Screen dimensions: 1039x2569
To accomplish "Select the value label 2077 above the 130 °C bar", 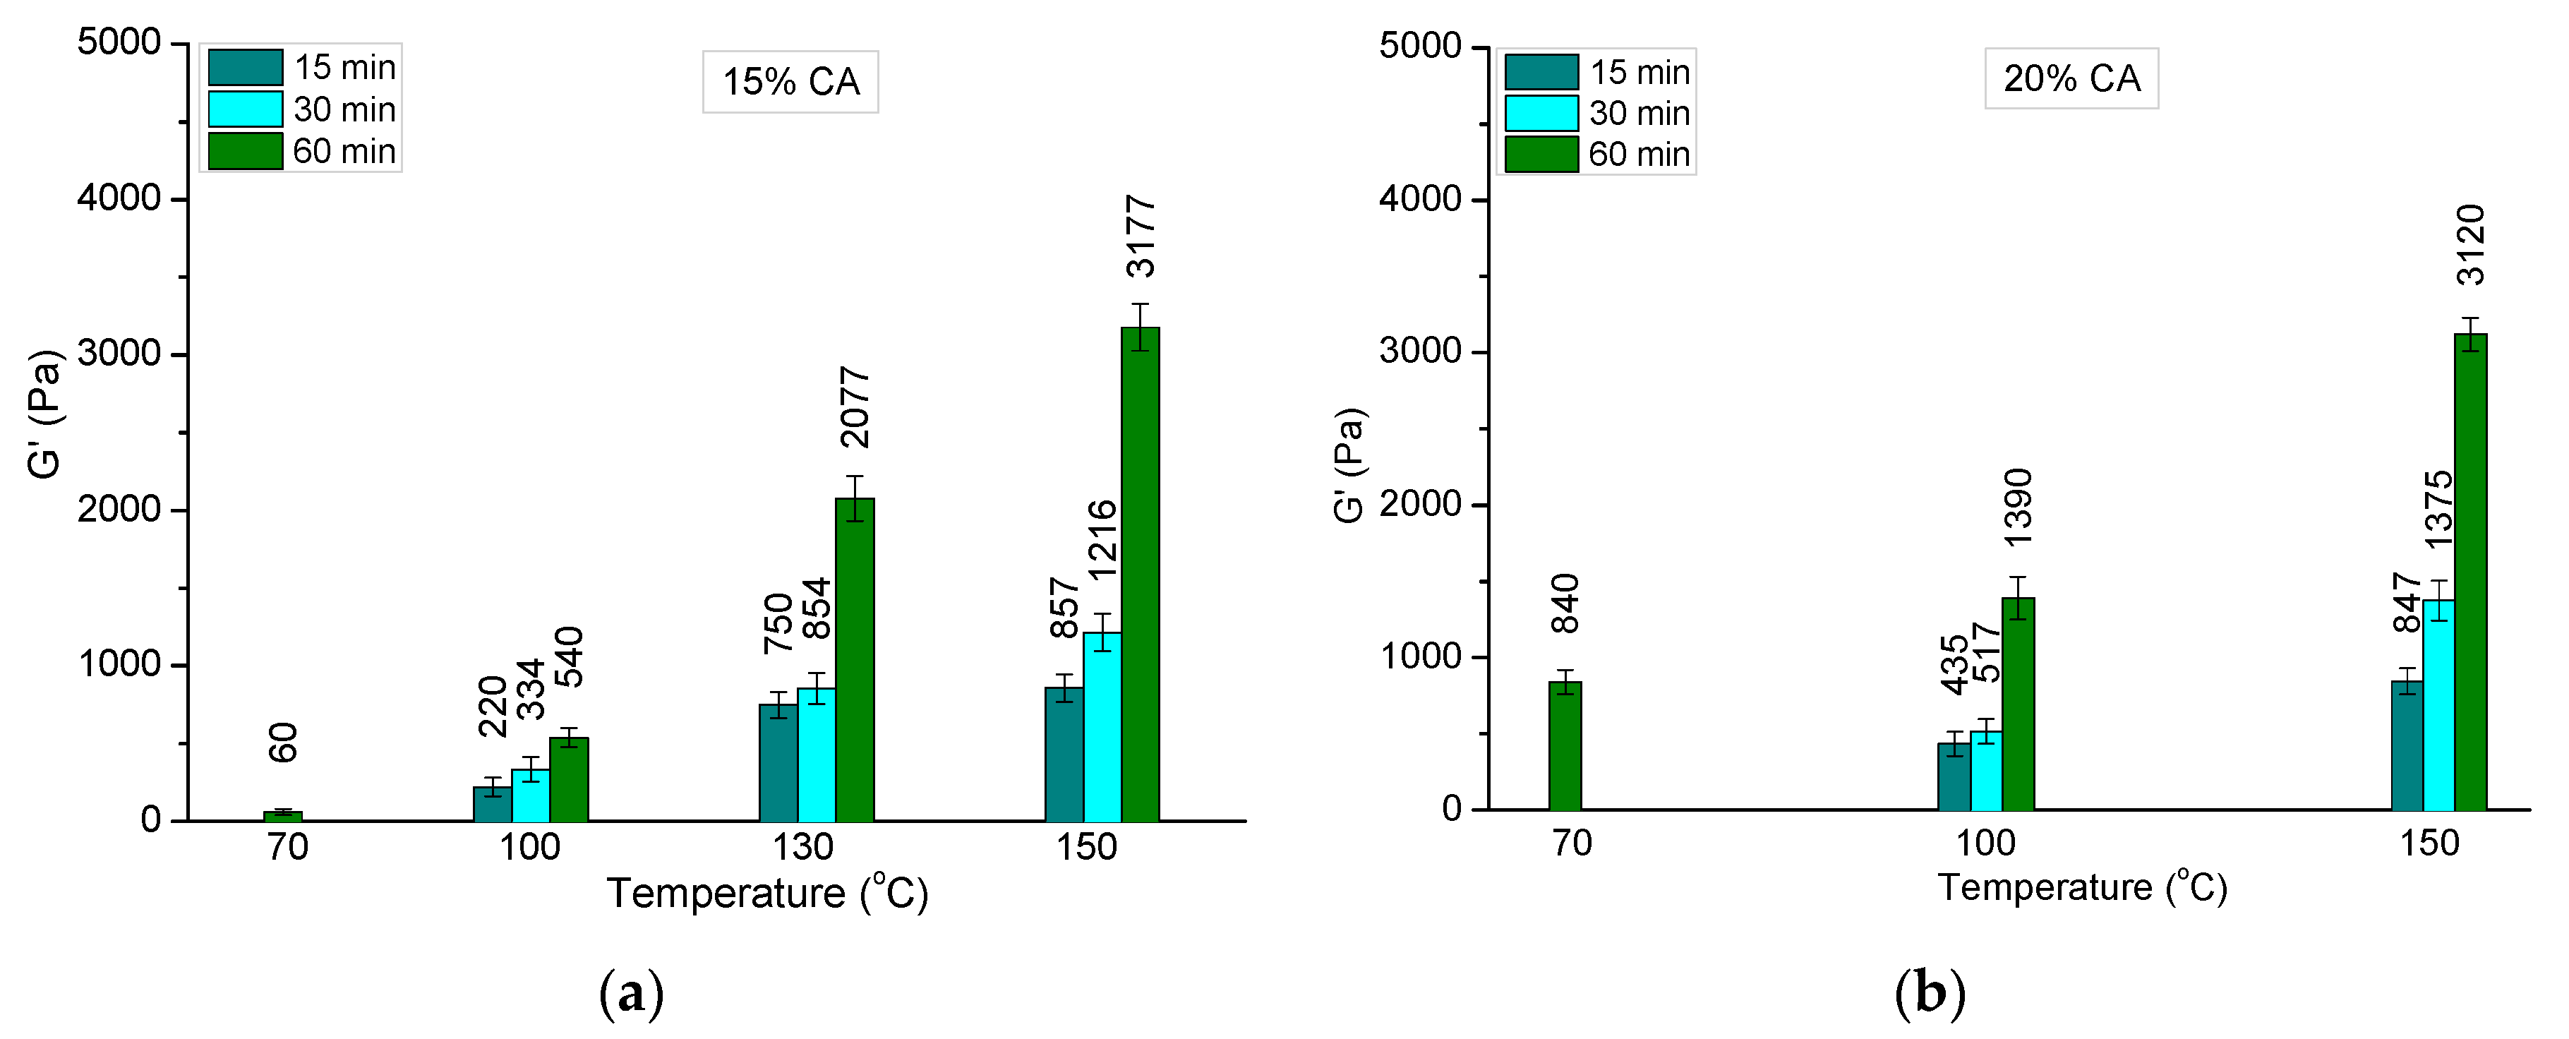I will click(x=855, y=408).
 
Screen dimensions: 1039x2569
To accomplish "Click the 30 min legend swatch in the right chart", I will click(x=1541, y=113).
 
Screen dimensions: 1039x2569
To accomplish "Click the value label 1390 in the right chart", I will click(x=2018, y=508).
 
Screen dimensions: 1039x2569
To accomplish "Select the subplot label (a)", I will click(x=631, y=993).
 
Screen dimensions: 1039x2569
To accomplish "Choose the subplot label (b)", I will click(x=1930, y=993).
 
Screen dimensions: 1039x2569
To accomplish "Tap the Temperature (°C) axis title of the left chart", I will click(x=767, y=892).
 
